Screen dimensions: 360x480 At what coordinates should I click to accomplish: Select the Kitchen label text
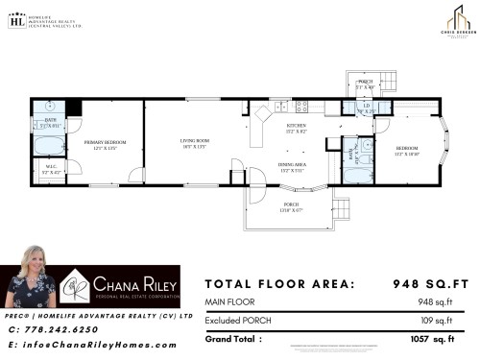click(296, 129)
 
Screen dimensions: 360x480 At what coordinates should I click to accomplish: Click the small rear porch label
click(365, 84)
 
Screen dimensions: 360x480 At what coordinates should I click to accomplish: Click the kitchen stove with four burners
click(301, 105)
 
